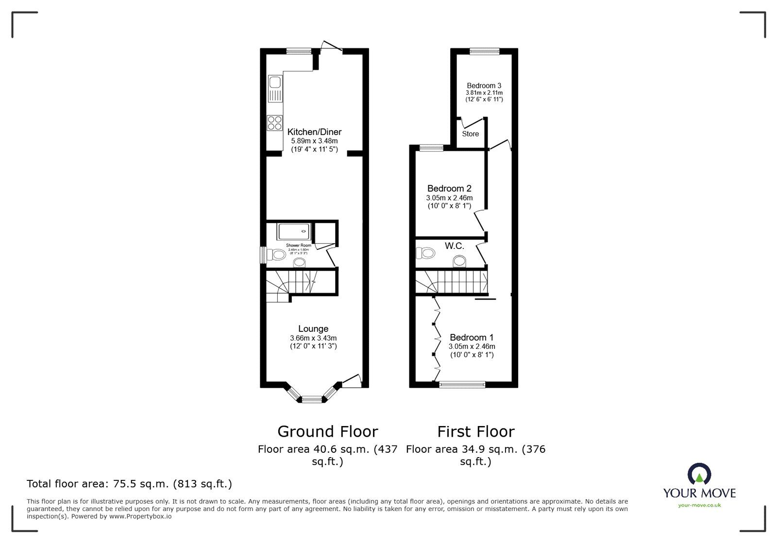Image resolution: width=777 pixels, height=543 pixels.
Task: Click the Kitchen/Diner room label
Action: [x=314, y=132]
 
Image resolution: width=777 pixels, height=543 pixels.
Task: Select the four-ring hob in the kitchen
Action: [x=274, y=123]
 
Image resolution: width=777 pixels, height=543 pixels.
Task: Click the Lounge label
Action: [x=313, y=329]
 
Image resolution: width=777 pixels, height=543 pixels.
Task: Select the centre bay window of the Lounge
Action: [x=312, y=399]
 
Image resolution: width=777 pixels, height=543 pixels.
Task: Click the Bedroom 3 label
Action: [x=484, y=85]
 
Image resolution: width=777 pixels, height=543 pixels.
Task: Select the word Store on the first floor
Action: [x=470, y=134]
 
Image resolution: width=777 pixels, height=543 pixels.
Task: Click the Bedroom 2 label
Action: [x=449, y=188]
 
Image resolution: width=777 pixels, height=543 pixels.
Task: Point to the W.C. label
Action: [x=454, y=246]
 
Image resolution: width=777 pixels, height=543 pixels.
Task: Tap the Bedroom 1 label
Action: [x=471, y=337]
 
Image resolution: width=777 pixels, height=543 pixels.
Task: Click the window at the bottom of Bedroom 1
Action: [x=462, y=385]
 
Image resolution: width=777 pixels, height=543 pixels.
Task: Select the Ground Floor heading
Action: [x=327, y=431]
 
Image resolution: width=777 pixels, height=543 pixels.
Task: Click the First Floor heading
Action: [x=475, y=431]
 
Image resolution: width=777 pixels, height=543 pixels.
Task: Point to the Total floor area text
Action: [x=129, y=484]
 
